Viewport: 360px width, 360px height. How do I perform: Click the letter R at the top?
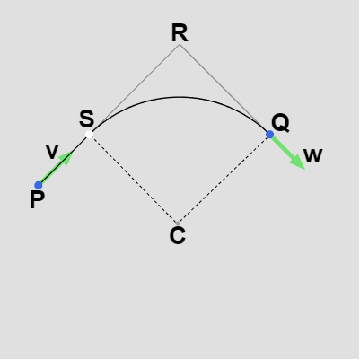180,32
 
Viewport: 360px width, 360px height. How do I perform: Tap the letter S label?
87,119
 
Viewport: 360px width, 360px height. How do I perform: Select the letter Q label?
280,123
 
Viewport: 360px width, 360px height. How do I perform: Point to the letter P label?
37,199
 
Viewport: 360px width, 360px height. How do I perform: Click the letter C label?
178,236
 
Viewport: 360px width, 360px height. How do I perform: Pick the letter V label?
52,152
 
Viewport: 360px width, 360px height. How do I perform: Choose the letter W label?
312,156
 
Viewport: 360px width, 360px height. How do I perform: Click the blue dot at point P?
39,185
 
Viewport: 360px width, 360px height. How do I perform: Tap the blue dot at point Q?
269,135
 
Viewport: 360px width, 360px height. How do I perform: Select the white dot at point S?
89,135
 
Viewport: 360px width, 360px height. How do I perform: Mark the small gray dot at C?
178,224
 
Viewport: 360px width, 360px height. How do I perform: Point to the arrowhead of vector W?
297,162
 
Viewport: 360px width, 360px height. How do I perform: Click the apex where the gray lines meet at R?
180,45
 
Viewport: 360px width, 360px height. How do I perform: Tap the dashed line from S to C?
134,179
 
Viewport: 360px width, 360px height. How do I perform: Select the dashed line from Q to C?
224,179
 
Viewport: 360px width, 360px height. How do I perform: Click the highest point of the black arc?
179,97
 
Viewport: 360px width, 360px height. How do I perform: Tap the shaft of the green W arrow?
282,146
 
